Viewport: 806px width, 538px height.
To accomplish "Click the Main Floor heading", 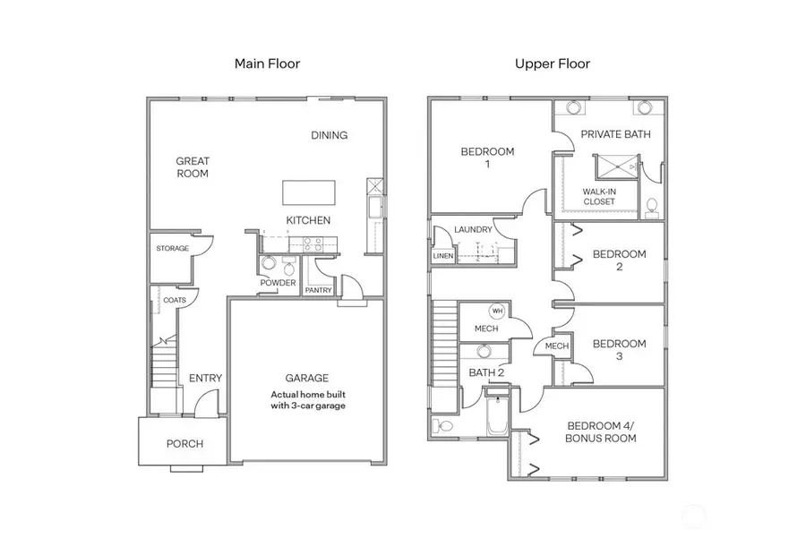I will [267, 64].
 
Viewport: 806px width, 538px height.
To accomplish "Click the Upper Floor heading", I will [553, 64].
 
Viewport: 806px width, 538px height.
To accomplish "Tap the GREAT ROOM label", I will [193, 167].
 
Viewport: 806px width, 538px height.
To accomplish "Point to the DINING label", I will [329, 135].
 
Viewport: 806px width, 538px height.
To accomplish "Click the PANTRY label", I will [318, 290].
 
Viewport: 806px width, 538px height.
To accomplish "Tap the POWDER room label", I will [278, 284].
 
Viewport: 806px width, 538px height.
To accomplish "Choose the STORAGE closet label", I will [173, 248].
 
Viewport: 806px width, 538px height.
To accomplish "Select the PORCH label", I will [184, 443].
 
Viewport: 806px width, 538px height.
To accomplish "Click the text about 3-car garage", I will [307, 399].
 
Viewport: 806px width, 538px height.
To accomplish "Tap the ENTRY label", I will [205, 378].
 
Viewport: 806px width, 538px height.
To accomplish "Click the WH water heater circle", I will [497, 311].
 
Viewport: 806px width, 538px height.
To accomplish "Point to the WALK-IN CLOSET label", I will [598, 197].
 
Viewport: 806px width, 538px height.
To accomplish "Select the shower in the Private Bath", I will [617, 167].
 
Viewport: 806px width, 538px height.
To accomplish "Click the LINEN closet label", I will [442, 256].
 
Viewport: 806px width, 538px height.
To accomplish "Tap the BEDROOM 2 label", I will [619, 260].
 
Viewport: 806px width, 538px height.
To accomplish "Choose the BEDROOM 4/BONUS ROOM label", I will [601, 432].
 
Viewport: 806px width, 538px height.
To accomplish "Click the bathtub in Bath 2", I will [497, 416].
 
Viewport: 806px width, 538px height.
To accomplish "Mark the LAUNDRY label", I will [473, 230].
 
